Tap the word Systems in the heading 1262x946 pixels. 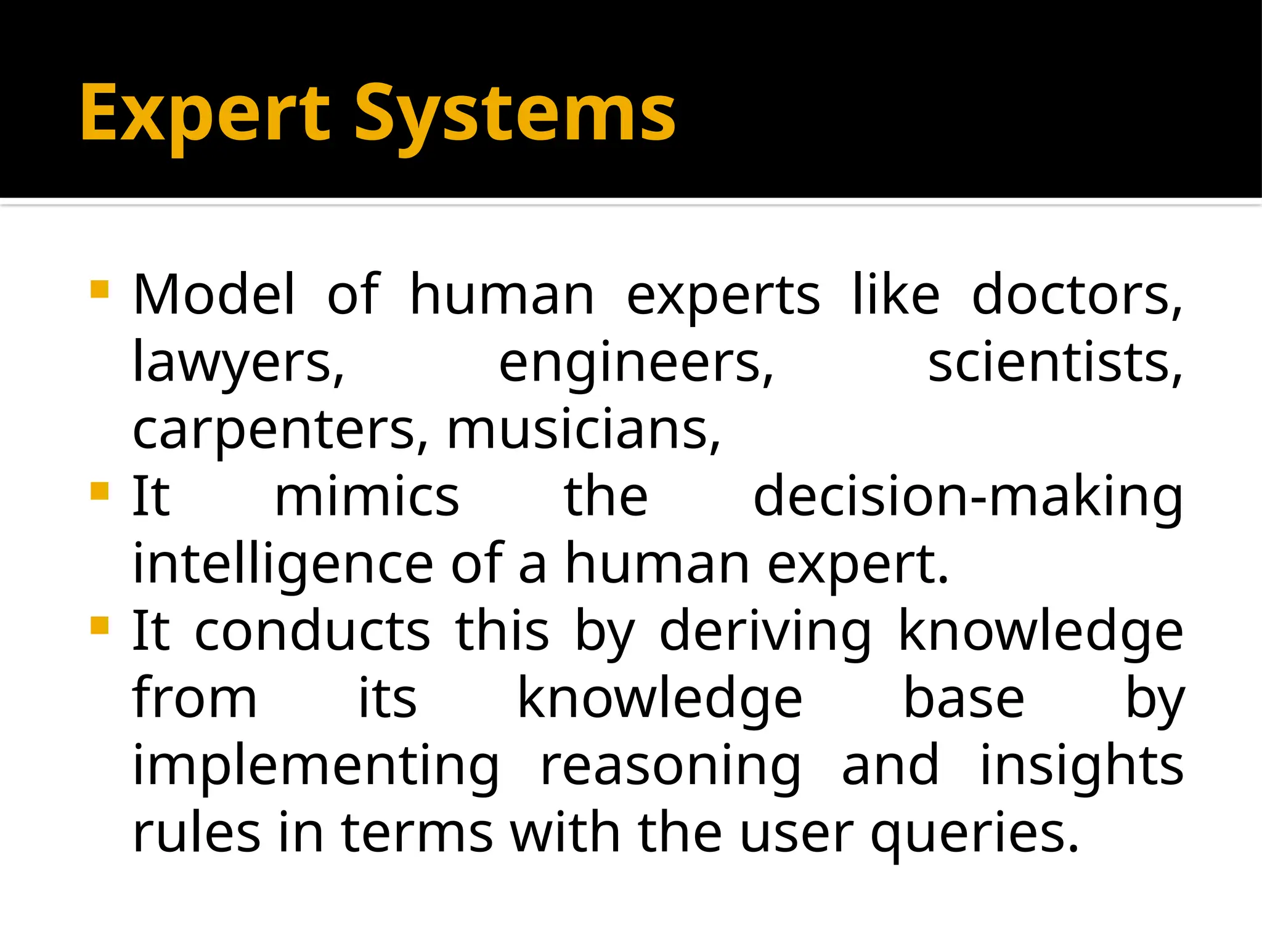tap(515, 115)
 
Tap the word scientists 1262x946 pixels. tap(1055, 363)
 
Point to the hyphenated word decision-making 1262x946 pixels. tap(967, 498)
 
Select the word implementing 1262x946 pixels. tap(316, 766)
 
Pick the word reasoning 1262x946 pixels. tap(671, 766)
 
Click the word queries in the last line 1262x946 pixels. tap(974, 834)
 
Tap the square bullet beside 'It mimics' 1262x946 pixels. tap(99, 491)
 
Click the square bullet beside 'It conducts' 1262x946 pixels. tap(99, 626)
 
